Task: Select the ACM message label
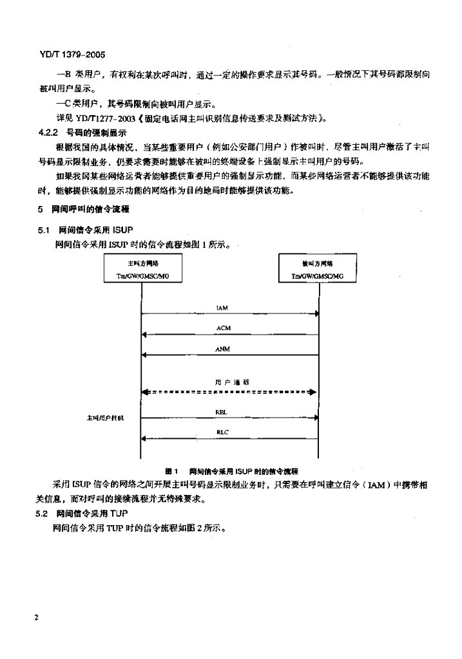pos(224,328)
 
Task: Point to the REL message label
pos(220,411)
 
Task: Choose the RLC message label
pos(223,433)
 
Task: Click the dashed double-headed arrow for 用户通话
pos(229,392)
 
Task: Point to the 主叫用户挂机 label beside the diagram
pos(104,418)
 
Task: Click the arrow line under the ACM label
pos(230,335)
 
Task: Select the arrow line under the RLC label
pos(230,439)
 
